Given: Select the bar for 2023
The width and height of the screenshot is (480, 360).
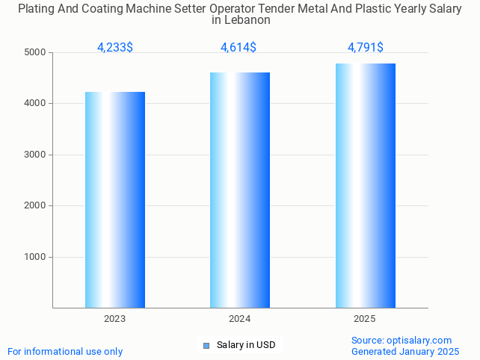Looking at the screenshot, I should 115,199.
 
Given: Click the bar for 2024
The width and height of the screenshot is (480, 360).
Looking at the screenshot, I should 240,190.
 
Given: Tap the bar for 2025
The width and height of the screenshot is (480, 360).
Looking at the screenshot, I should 365,185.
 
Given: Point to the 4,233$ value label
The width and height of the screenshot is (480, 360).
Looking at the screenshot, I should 115,47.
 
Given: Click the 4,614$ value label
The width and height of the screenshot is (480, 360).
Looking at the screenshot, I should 239,47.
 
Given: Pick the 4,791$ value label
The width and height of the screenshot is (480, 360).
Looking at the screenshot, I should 365,47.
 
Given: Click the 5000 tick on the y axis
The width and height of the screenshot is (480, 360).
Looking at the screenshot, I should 35,52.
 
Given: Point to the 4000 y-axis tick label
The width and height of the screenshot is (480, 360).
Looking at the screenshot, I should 35,104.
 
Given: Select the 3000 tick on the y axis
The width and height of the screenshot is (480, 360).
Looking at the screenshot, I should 35,155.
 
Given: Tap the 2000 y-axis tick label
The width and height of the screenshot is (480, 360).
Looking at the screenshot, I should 35,206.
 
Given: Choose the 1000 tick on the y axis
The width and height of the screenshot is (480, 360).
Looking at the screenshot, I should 35,257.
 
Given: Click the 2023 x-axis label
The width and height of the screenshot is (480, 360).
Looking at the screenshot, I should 115,319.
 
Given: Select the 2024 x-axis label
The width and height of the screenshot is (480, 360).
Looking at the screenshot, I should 240,319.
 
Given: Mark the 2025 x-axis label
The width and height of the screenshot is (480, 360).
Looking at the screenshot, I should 365,319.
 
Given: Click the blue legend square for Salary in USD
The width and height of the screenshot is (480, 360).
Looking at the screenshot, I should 206,345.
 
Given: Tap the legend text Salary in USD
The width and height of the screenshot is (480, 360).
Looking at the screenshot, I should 246,345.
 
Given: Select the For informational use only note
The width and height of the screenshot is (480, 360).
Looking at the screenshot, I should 65,351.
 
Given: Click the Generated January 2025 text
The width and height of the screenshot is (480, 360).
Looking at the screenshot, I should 405,351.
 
